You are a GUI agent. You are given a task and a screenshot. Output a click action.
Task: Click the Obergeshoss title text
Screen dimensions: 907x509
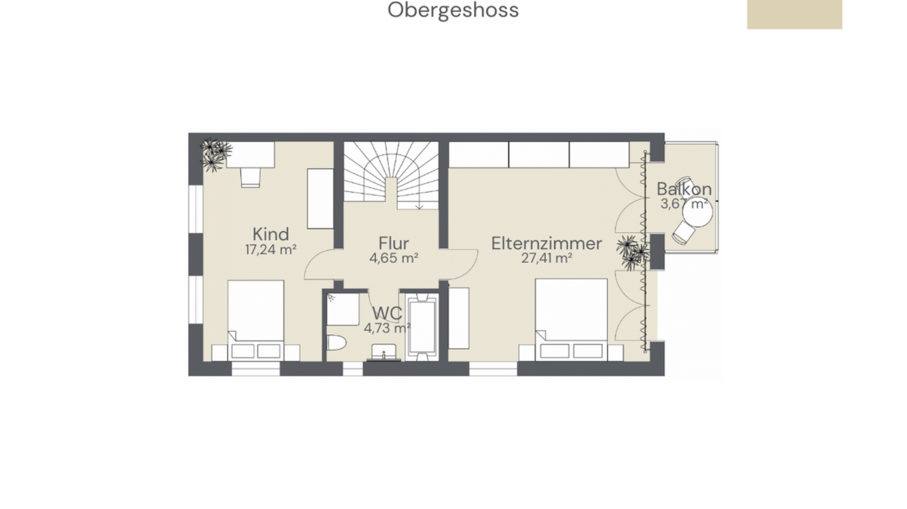[x=453, y=11]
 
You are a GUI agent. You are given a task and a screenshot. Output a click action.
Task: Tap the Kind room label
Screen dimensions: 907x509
[x=270, y=234]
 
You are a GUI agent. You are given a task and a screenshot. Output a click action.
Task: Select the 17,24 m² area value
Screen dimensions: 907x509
[x=270, y=250]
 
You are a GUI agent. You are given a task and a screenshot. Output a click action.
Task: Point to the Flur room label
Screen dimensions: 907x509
[x=394, y=243]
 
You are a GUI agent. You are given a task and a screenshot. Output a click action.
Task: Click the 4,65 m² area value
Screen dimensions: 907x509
[x=394, y=258]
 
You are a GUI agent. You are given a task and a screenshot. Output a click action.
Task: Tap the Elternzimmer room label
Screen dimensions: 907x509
[x=547, y=243]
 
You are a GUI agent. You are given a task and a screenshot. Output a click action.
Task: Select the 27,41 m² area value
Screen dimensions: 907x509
[x=547, y=258]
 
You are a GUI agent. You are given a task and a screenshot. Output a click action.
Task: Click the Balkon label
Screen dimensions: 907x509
[x=684, y=190]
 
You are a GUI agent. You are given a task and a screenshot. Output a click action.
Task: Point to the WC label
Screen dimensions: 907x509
[x=387, y=313]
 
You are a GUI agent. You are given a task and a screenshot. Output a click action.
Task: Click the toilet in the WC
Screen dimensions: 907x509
[x=336, y=342]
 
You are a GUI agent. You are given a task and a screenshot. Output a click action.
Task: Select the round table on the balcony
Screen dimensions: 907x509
[x=697, y=212]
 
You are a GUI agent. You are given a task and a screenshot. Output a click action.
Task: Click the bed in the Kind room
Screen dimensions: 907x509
[x=256, y=320]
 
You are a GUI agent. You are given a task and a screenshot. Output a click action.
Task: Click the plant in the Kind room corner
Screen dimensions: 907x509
[x=215, y=154]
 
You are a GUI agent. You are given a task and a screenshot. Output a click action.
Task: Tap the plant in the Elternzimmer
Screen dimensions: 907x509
[x=632, y=252]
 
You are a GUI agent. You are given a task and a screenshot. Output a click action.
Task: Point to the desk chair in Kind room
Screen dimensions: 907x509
[x=251, y=177]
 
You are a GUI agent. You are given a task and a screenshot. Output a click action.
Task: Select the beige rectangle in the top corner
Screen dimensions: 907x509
[x=794, y=15]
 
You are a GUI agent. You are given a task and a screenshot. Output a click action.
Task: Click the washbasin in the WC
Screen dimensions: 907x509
[x=383, y=352]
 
